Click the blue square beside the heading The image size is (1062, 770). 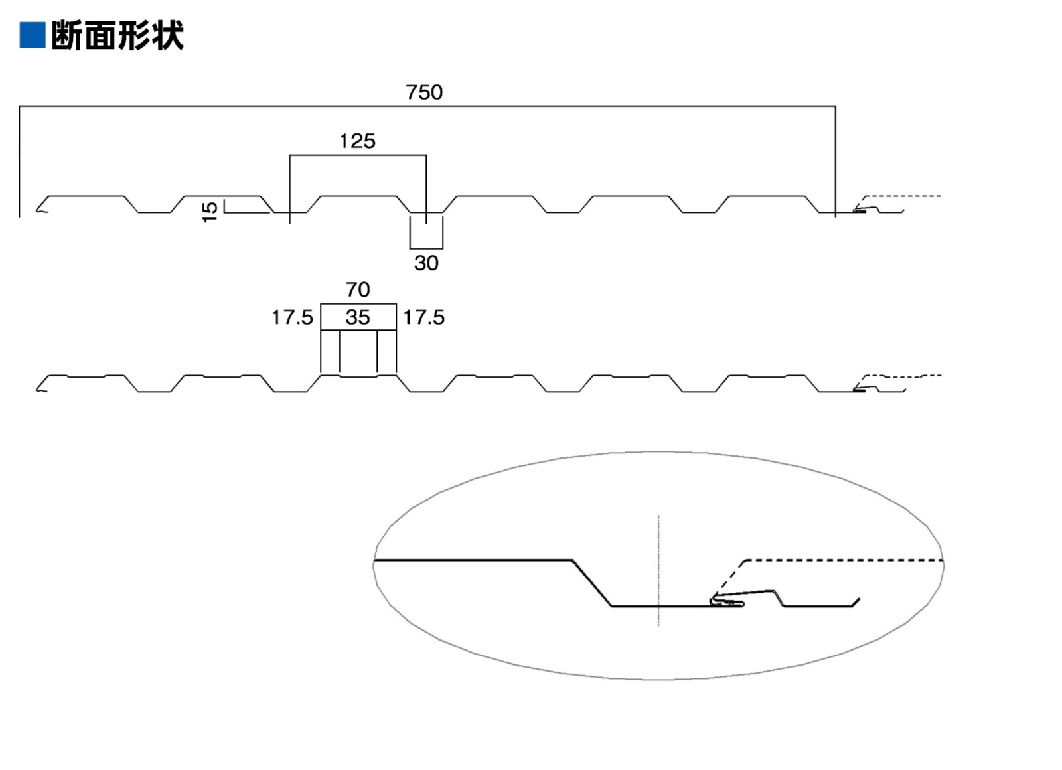click(32, 35)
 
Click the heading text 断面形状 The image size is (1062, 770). click(117, 35)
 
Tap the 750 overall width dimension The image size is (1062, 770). click(424, 92)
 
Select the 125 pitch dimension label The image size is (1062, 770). click(357, 141)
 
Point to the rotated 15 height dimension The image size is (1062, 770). click(210, 212)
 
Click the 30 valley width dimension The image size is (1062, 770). click(426, 263)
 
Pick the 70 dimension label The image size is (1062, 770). click(358, 290)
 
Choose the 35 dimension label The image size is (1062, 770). click(358, 317)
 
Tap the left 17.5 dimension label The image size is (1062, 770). click(292, 317)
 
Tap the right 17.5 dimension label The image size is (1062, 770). click(423, 317)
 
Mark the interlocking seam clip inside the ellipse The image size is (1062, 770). click(726, 602)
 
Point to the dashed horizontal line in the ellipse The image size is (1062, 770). click(843, 561)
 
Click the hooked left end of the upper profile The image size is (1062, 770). click(40, 208)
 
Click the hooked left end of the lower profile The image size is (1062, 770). click(40, 388)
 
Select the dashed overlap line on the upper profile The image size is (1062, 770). click(903, 196)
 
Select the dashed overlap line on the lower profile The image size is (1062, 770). click(903, 376)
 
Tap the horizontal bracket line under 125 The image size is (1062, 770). click(358, 155)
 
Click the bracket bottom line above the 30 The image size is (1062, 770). click(426, 248)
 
